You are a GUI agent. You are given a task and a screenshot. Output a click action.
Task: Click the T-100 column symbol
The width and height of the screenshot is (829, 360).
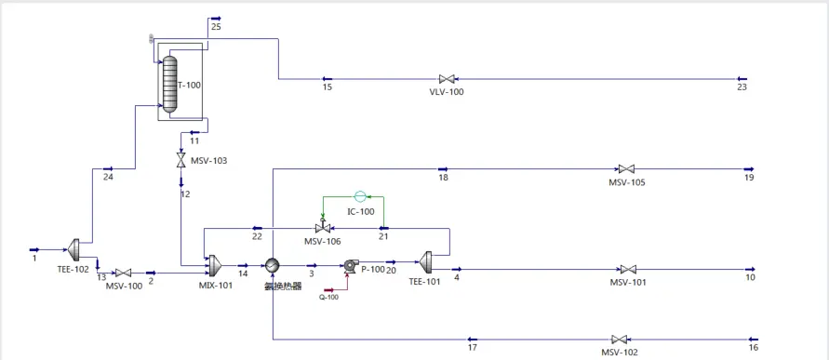click(169, 83)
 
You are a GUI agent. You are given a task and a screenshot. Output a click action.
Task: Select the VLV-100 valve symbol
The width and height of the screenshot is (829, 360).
click(446, 79)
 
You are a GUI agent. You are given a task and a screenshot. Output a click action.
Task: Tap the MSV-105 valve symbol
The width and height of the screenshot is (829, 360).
click(626, 169)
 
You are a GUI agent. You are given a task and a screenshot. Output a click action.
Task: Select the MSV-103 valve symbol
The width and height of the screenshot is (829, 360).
click(181, 161)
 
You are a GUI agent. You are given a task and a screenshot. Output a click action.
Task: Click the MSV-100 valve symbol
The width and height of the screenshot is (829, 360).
click(122, 273)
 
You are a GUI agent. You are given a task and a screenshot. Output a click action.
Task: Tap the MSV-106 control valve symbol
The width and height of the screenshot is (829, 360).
click(323, 228)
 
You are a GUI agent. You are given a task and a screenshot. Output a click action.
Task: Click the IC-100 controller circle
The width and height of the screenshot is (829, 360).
click(361, 196)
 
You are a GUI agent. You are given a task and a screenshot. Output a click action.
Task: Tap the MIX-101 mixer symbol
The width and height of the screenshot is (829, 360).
click(214, 265)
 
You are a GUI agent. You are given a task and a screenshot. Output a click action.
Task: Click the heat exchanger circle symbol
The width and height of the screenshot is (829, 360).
click(272, 265)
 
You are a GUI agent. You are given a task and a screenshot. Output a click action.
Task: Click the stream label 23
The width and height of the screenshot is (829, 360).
click(742, 88)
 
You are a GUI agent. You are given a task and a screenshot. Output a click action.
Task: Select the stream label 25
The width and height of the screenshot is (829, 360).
click(216, 27)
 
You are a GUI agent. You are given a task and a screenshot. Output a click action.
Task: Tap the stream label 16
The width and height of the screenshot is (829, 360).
click(753, 348)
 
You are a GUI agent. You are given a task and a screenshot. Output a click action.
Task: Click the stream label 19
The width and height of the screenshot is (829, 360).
click(749, 178)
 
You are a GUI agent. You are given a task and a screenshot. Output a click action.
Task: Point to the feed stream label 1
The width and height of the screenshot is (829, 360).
click(34, 259)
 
